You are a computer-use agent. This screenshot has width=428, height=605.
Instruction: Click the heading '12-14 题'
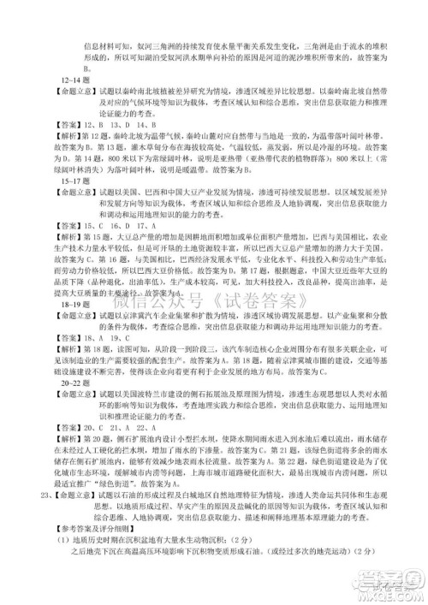coord(67,78)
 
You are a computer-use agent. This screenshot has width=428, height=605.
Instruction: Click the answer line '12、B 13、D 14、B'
coord(120,123)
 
